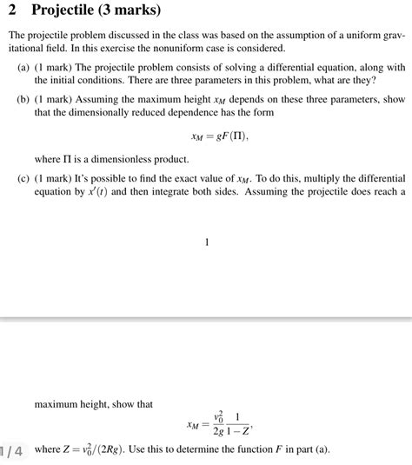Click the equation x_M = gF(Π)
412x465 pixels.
(207, 136)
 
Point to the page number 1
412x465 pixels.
(207, 242)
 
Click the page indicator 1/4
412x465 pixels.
(15, 450)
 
